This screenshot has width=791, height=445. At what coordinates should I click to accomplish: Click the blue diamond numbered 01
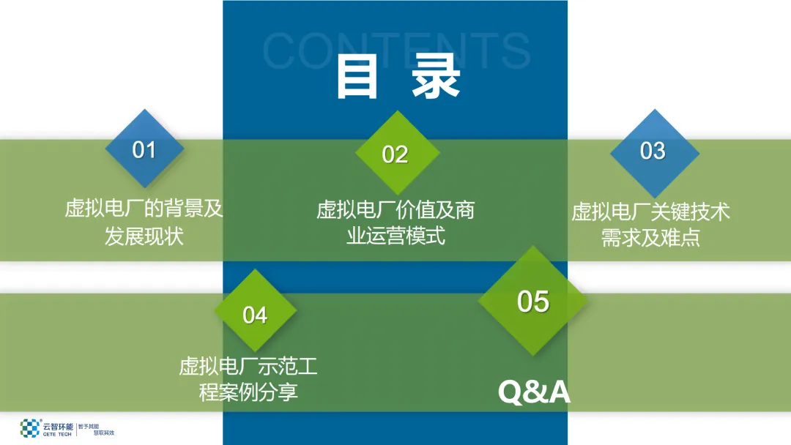(x=144, y=150)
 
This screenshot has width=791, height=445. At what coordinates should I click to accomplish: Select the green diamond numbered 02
(x=395, y=154)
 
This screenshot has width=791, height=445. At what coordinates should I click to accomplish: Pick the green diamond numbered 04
(x=255, y=315)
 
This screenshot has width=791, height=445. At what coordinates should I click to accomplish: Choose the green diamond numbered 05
(x=532, y=301)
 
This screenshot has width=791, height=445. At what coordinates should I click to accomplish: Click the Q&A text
(x=534, y=392)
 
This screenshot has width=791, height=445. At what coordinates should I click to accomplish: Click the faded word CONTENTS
(x=395, y=49)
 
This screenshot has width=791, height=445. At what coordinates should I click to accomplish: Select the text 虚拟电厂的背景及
(x=144, y=209)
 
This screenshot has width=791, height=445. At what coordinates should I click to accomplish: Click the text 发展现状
(x=144, y=236)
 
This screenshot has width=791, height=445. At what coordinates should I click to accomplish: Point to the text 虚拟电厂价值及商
(x=395, y=211)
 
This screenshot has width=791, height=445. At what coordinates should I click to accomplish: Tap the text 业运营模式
(x=395, y=236)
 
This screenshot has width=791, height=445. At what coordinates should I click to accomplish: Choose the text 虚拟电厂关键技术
(x=651, y=212)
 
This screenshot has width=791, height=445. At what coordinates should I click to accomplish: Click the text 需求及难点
(x=651, y=238)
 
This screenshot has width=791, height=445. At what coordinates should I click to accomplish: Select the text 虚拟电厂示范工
(x=248, y=365)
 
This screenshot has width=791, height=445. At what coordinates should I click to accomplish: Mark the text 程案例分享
(x=248, y=392)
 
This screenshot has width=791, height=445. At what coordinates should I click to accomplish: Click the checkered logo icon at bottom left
(x=29, y=428)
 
